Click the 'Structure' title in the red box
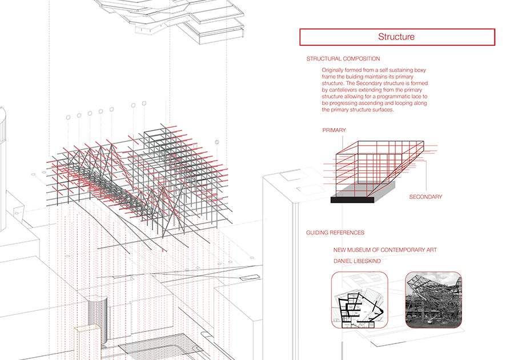(396, 37)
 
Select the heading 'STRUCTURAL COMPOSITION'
(343, 59)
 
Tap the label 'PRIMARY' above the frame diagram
(334, 130)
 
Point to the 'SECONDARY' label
(425, 197)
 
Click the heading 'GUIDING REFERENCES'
(335, 233)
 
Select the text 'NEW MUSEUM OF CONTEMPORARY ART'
(385, 250)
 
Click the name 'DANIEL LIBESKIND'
(357, 261)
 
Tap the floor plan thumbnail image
(360, 300)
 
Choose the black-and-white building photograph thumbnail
(433, 300)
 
